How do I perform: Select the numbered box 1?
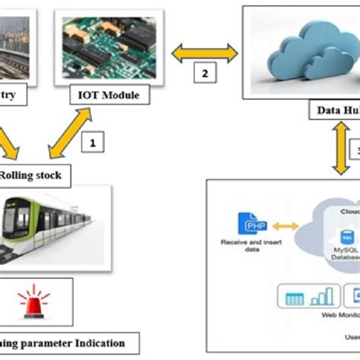pos(93,141)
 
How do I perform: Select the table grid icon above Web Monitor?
pos(294,298)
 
